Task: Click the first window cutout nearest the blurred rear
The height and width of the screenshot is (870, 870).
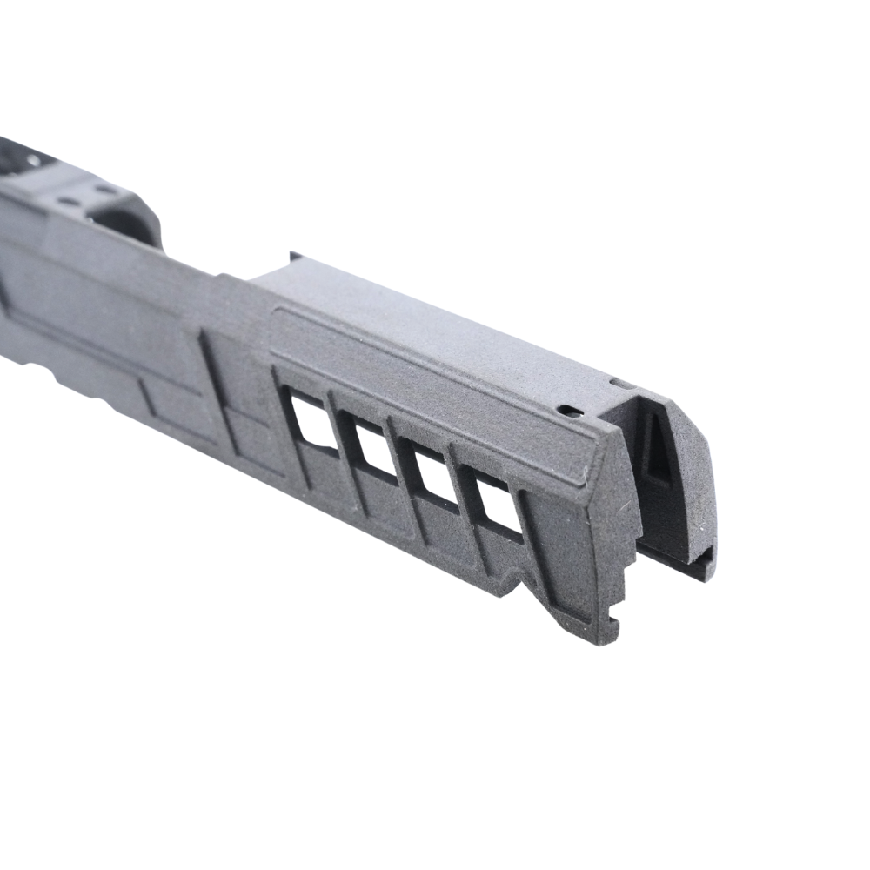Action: tap(314, 421)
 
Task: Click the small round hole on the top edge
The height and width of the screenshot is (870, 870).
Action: tap(569, 408)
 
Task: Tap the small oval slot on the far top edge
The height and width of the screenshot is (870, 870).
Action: tap(619, 382)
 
